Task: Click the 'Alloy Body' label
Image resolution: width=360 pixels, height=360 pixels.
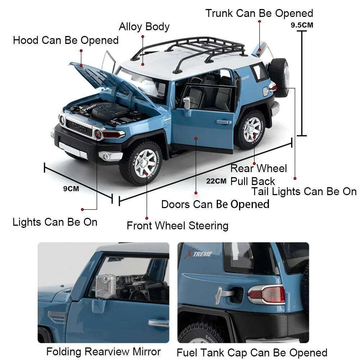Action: click(x=144, y=27)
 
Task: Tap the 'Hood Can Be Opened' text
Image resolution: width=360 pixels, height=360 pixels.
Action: click(x=66, y=40)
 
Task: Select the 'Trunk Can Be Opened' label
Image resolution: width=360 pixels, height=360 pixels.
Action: click(x=259, y=13)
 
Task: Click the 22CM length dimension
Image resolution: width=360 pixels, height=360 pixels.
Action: click(x=216, y=181)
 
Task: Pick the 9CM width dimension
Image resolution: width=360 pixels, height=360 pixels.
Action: click(x=71, y=188)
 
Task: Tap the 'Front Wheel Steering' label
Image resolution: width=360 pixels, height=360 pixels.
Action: click(x=177, y=226)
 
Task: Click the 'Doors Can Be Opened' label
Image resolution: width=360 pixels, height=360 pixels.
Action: click(x=215, y=204)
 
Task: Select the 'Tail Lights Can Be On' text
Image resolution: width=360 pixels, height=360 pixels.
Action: click(x=304, y=192)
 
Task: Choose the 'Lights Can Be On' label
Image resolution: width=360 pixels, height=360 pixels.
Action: click(x=55, y=222)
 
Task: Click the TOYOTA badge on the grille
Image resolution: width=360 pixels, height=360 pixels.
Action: click(x=79, y=127)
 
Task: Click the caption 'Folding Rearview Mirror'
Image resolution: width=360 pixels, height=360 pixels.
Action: click(x=103, y=351)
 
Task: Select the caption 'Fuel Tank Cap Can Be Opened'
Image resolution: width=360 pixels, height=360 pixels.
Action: click(x=252, y=352)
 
